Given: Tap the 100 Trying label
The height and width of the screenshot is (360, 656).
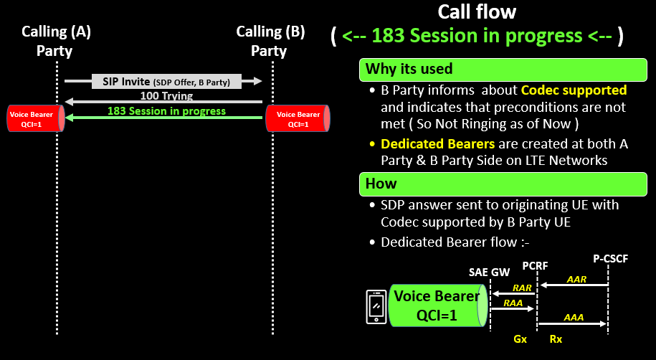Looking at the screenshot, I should (x=166, y=96).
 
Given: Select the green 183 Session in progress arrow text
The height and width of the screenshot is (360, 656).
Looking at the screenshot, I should (x=166, y=111).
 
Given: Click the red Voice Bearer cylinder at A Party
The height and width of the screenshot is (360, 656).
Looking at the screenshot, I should (x=34, y=118).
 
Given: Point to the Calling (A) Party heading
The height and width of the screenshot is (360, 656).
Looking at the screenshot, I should (x=56, y=41).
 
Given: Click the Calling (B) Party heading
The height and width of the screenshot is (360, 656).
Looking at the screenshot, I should (x=270, y=41).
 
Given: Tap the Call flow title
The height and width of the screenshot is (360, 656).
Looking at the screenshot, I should (x=477, y=12).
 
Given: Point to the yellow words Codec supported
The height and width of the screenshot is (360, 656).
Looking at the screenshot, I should (x=574, y=90).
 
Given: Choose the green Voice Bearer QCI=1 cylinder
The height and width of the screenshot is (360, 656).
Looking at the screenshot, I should (x=437, y=306).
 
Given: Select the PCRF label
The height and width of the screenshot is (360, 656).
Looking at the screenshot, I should (x=535, y=265).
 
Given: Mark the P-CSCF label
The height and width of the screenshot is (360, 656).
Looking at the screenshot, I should (x=610, y=258).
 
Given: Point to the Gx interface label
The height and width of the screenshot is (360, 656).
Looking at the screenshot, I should (x=521, y=338).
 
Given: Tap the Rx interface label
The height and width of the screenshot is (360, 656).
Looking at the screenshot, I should (x=556, y=338).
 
